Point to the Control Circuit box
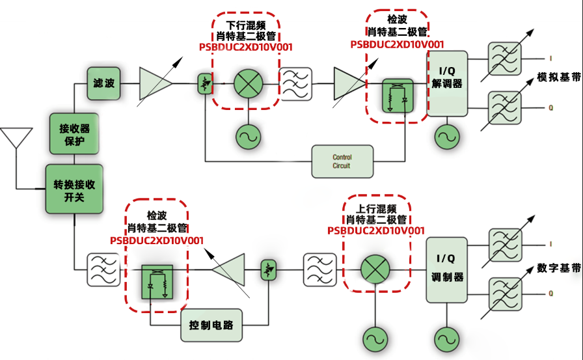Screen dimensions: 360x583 tap(342, 161)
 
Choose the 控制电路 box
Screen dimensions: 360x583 tap(211, 324)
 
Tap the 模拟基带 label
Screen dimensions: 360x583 tap(559, 77)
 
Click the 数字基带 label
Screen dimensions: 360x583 tap(559, 268)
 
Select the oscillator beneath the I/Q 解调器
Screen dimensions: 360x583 tap(447, 136)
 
